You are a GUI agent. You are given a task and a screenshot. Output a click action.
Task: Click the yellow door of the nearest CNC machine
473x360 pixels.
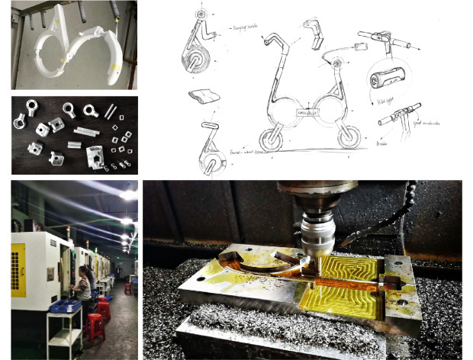18,270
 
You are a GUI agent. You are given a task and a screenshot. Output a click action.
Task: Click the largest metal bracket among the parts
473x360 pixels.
96,156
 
